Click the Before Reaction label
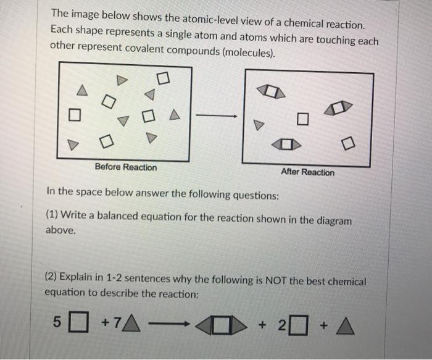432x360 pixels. click(126, 167)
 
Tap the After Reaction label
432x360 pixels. click(307, 172)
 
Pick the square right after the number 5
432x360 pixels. click(78, 322)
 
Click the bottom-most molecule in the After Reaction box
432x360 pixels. click(286, 146)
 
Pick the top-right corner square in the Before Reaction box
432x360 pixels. click(163, 78)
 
